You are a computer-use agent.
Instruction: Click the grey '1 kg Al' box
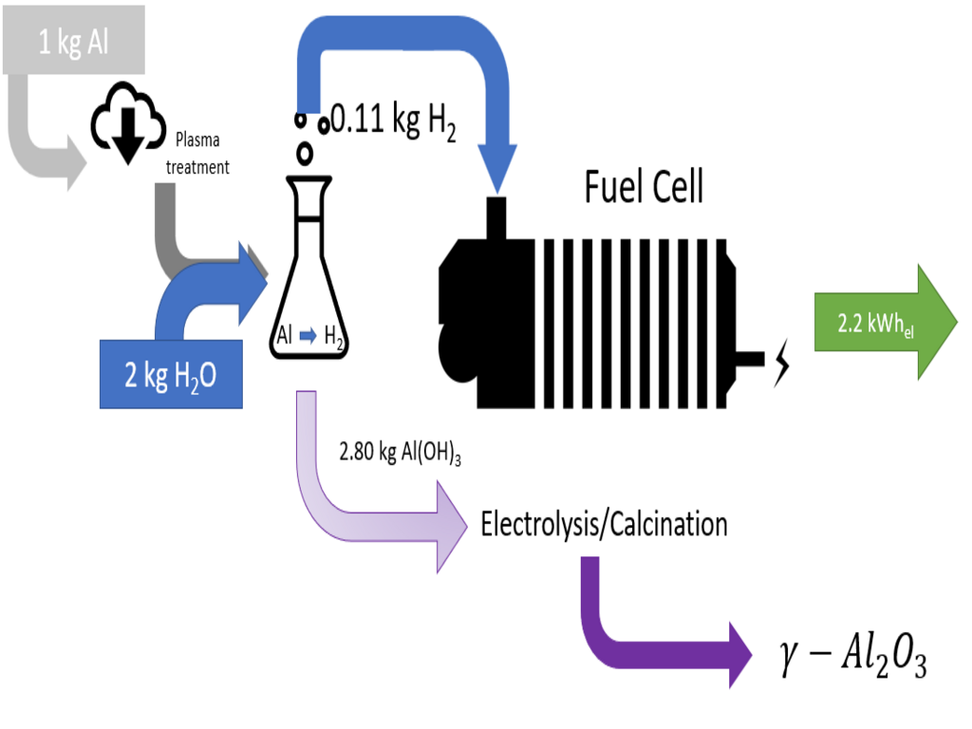pyautogui.click(x=74, y=40)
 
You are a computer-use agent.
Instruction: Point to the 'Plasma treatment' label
pyautogui.click(x=197, y=153)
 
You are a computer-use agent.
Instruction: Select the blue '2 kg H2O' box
pyautogui.click(x=171, y=374)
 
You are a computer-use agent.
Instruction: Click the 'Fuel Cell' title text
pyautogui.click(x=645, y=186)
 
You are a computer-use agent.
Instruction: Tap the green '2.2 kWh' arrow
pyautogui.click(x=886, y=323)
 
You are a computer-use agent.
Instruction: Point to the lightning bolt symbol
pyautogui.click(x=783, y=363)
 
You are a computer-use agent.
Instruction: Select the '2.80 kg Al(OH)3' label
pyautogui.click(x=400, y=452)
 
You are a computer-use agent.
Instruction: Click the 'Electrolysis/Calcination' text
pyautogui.click(x=604, y=524)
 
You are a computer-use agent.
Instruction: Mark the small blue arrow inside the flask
pyautogui.click(x=308, y=336)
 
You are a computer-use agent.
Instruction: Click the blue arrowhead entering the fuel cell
pyautogui.click(x=496, y=166)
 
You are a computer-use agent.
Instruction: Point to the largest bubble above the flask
pyautogui.click(x=305, y=154)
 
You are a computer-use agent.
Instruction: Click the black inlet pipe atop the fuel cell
pyautogui.click(x=495, y=217)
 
